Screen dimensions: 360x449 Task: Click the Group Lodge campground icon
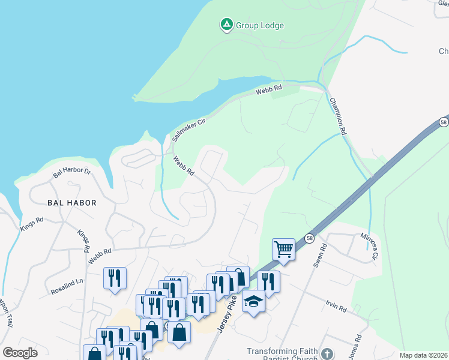pos(226,25)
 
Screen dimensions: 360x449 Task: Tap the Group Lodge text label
pos(259,26)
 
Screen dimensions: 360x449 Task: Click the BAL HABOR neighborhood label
pos(72,203)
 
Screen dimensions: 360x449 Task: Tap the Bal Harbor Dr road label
pos(71,173)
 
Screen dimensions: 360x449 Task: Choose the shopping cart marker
pos(283,248)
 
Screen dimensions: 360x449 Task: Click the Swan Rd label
pos(320,255)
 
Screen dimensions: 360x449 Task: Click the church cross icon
pos(327,354)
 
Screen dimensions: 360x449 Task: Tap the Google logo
pos(20,353)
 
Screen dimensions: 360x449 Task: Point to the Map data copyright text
pos(423,355)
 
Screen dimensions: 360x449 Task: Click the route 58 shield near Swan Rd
pos(309,238)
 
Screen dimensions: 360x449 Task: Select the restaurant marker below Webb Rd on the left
pos(115,278)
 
